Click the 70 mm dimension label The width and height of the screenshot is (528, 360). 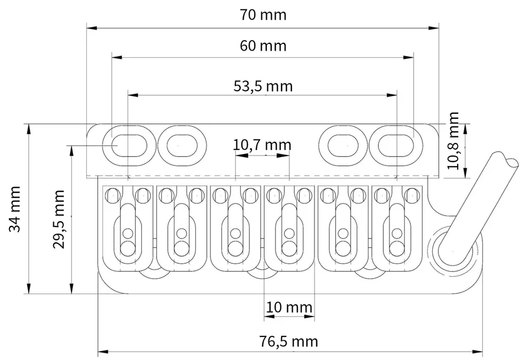click(263, 15)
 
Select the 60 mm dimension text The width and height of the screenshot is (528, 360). click(263, 46)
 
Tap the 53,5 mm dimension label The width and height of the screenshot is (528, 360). click(263, 86)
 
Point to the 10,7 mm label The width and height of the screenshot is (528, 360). click(262, 145)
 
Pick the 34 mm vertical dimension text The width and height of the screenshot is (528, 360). click(15, 209)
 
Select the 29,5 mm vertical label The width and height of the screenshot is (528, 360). click(58, 219)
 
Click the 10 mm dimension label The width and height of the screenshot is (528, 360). click(289, 307)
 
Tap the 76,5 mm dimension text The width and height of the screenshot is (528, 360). click(289, 341)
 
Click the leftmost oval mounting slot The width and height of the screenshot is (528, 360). click(129, 146)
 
